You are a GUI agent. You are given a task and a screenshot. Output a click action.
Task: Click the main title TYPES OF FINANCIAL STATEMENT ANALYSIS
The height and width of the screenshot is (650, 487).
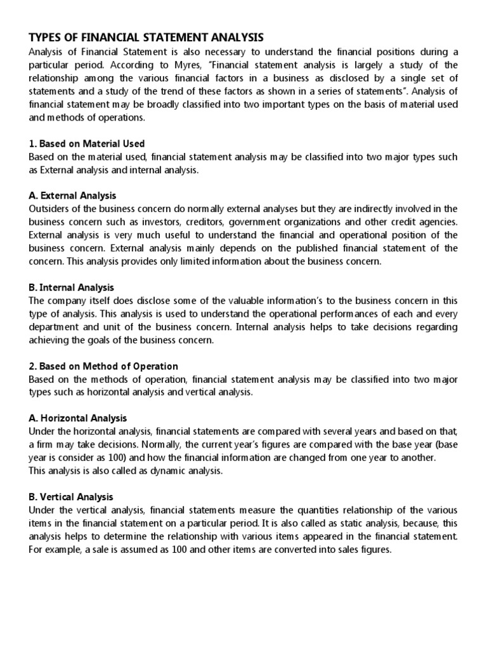pyautogui.click(x=146, y=37)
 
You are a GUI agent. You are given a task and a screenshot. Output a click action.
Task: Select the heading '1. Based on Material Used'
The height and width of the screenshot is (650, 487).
pyautogui.click(x=87, y=143)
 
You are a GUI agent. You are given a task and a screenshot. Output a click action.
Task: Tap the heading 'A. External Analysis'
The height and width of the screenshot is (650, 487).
pyautogui.click(x=73, y=196)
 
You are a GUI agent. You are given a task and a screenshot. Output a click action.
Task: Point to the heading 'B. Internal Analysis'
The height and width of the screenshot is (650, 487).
pyautogui.click(x=72, y=288)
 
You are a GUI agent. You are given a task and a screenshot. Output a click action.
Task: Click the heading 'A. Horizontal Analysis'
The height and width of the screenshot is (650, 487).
pyautogui.click(x=78, y=418)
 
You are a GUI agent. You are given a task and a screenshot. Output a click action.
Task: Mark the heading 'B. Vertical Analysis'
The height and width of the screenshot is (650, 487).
pyautogui.click(x=71, y=497)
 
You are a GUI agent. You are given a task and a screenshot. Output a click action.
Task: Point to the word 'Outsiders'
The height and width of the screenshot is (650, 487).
pyautogui.click(x=49, y=209)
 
